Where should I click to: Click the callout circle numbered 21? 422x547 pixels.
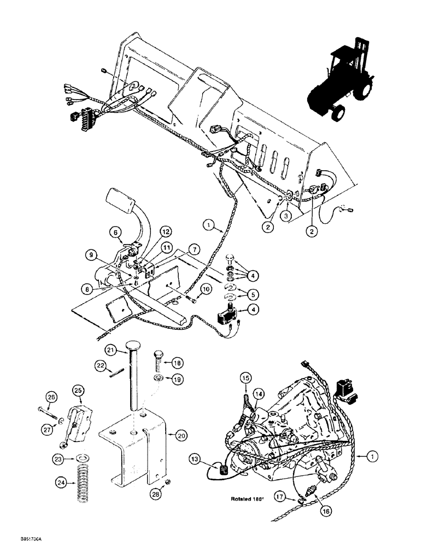click(111, 350)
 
